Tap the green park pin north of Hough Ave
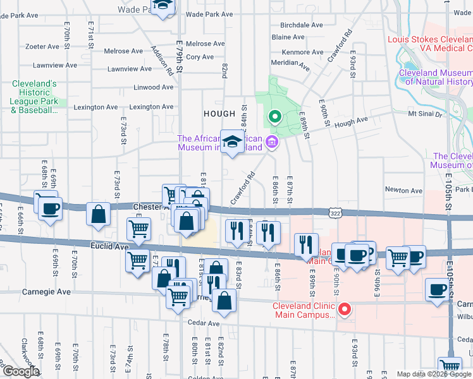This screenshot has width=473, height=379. [274, 117]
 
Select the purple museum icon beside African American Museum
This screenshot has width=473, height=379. [273, 141]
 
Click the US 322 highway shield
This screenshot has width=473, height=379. [334, 215]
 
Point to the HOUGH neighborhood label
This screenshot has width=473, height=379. [219, 114]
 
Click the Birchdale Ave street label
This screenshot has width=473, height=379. [302, 25]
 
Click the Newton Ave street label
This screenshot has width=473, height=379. [403, 190]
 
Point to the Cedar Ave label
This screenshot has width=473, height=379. [204, 323]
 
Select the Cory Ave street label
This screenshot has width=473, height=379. [200, 57]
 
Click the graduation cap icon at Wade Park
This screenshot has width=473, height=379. [163, 6]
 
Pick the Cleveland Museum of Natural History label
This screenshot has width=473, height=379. [435, 77]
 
